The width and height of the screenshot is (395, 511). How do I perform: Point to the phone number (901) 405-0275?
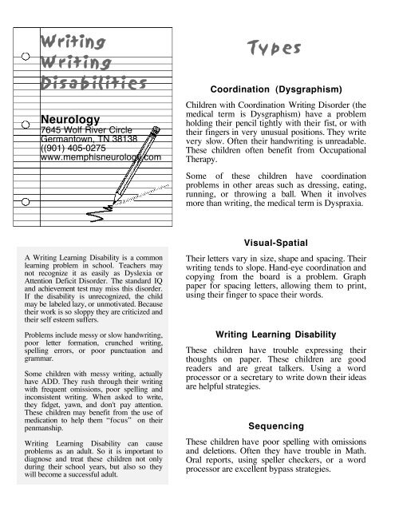coord(79,147)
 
